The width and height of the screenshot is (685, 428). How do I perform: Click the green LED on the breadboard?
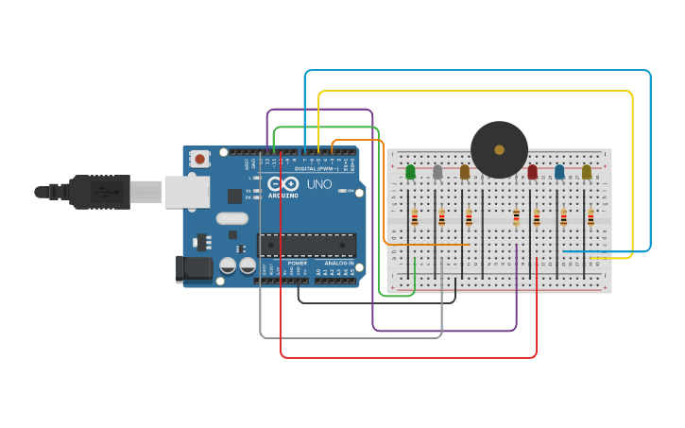point(410,172)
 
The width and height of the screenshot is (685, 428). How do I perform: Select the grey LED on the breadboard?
point(437,172)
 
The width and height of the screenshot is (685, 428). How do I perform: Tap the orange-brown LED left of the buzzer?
point(465,172)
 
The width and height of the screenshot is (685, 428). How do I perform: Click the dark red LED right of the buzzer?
point(532,172)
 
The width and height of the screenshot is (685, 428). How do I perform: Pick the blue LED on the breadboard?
point(559,172)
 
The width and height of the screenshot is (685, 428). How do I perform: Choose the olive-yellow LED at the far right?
point(587,172)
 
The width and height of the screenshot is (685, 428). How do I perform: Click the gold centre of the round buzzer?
point(499,149)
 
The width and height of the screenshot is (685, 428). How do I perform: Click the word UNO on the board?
point(319,184)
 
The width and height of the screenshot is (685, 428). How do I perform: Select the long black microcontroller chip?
point(307,246)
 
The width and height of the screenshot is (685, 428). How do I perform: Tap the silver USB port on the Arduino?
point(187,192)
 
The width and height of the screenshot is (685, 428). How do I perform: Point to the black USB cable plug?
point(98,192)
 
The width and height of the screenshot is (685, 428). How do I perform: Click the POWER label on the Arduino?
point(298,263)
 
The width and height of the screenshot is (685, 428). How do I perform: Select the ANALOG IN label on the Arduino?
point(339,263)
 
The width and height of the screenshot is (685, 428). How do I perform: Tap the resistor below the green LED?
point(414,218)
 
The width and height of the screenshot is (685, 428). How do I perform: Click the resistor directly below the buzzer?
point(516,218)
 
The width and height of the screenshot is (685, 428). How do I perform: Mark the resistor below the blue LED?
point(563,218)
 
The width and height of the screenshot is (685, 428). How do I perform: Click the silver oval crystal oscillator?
point(231,218)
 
